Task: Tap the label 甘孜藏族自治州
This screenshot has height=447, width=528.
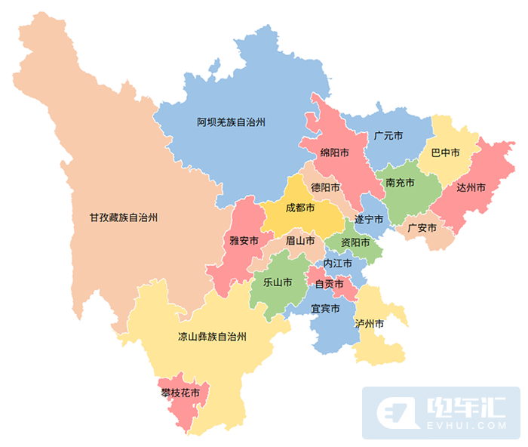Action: coord(123,217)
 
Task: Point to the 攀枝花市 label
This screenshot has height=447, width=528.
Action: coord(180,393)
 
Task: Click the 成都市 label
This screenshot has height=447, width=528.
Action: coord(300,208)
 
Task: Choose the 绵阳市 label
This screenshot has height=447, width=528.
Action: coord(334,153)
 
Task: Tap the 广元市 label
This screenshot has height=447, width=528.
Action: coord(388,137)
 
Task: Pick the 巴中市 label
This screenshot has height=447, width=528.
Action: coord(445,153)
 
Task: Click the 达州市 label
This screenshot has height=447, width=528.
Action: coord(471,187)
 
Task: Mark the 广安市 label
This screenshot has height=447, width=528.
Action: coord(422,227)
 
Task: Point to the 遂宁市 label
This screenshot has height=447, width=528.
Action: coord(370,220)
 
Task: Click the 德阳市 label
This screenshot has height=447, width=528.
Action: coord(326,187)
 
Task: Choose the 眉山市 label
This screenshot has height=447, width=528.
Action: coord(299,241)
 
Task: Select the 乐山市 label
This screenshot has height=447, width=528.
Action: coord(277,282)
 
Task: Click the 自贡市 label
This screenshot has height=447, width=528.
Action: coord(329,284)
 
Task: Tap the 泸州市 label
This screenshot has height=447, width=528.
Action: coord(370,324)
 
